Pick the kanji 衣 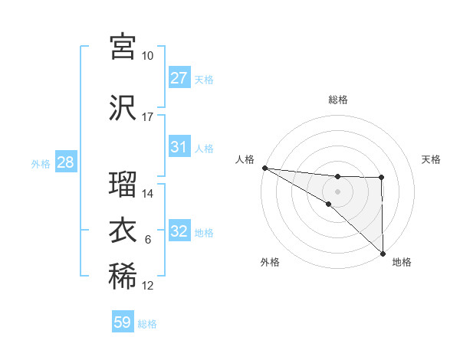coord(123,231)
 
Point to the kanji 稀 coord(123,277)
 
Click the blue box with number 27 coord(179,78)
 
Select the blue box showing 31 coord(179,147)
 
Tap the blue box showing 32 coord(179,231)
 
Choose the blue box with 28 coord(65,162)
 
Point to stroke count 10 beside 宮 coord(148,56)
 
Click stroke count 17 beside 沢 coord(148,117)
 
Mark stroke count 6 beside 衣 coord(148,240)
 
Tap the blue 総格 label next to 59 coord(148,324)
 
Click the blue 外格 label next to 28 coord(41,163)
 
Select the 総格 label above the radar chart coord(338,100)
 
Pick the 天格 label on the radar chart coord(432,159)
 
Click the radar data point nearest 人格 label coord(264,167)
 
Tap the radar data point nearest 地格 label coord(382,254)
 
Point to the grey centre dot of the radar coord(337,190)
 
